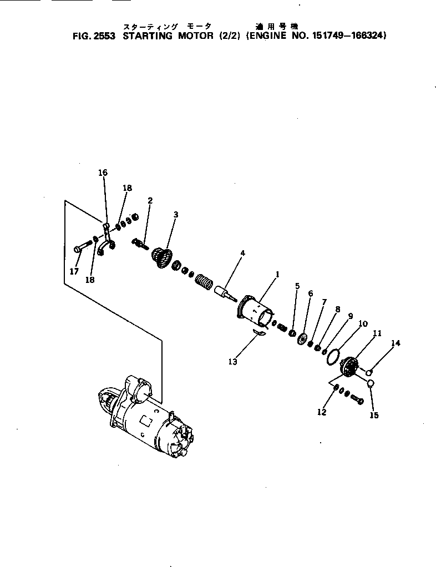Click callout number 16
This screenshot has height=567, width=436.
click(x=103, y=173)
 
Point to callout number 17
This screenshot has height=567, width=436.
click(x=75, y=271)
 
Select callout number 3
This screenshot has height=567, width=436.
click(x=175, y=214)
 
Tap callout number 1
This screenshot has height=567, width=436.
click(x=277, y=274)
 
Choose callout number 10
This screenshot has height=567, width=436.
click(x=362, y=323)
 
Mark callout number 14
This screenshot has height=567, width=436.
click(x=396, y=343)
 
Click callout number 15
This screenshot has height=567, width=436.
click(x=374, y=415)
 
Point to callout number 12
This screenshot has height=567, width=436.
click(x=322, y=412)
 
